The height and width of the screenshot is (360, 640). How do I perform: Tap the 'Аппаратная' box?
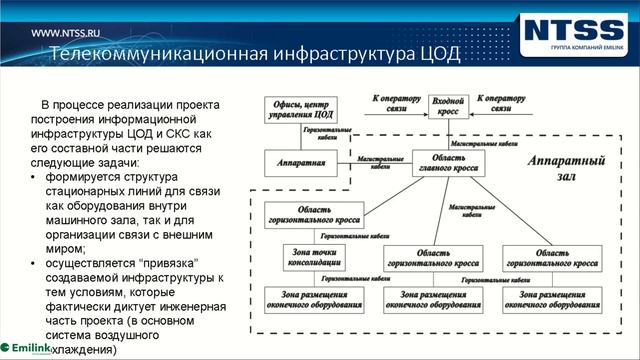click(x=298, y=160)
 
